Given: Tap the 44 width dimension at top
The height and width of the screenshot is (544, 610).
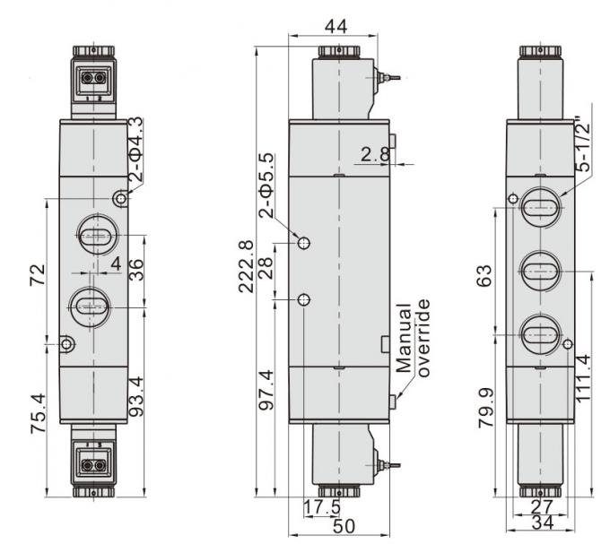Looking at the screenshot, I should (x=336, y=27).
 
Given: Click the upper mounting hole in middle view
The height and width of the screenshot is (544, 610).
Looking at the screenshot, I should (x=305, y=243).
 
